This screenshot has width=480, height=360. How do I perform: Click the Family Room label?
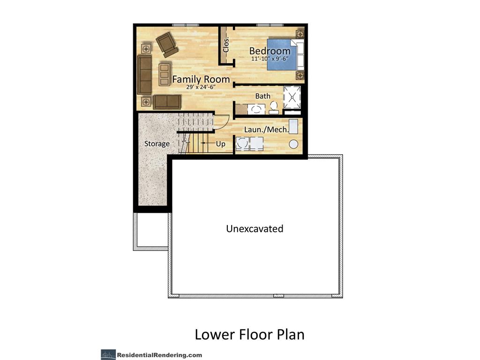tap(201, 79)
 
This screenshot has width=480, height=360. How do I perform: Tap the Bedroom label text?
tap(270, 51)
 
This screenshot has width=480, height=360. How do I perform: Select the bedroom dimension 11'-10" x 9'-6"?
tap(270, 59)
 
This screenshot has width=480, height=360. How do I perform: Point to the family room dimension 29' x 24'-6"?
tap(201, 87)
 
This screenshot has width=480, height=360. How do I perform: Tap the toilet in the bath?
tap(273, 108)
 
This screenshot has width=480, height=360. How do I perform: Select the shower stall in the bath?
tap(292, 97)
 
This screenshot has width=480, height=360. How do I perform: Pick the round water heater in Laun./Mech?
tap(293, 144)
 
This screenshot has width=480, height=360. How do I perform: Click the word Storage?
tap(157, 143)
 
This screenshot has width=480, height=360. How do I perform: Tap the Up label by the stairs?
tap(221, 144)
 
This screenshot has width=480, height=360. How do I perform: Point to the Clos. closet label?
tap(226, 45)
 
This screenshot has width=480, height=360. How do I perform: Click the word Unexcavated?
tap(255, 229)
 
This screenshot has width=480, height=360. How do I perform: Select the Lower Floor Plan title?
tap(249, 334)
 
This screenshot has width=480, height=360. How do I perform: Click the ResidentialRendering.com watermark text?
tap(159, 355)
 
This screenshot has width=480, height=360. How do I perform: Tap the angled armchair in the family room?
tap(167, 45)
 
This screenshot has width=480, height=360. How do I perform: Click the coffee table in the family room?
tap(165, 75)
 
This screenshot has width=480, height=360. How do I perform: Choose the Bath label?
tap(262, 96)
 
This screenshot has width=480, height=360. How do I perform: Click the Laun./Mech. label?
tap(266, 129)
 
